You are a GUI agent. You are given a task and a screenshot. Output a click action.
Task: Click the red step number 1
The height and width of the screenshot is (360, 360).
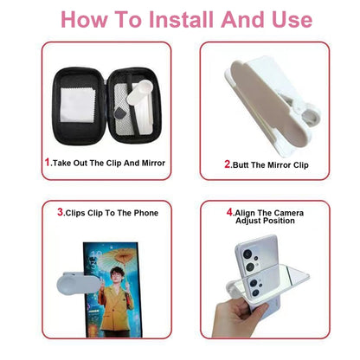pos(47,162)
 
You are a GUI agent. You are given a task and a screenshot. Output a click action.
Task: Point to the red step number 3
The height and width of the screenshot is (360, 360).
pos(61,212)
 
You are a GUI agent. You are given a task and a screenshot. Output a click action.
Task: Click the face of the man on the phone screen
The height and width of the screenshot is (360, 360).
pos(111,261)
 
